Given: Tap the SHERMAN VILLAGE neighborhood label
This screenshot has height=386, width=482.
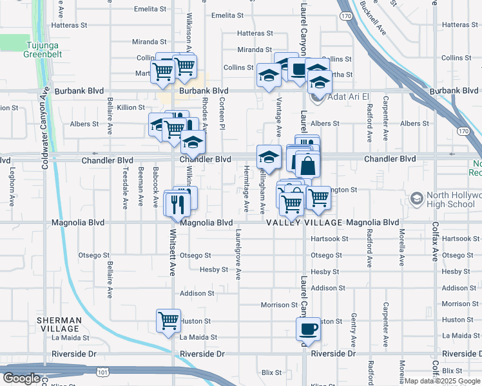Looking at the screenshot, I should click(59, 324).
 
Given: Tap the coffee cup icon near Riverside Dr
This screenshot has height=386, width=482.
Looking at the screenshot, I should click(307, 329).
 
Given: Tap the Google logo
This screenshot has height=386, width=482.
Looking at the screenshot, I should click(21, 378).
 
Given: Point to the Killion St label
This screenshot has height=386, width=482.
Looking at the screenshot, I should click(131, 107).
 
